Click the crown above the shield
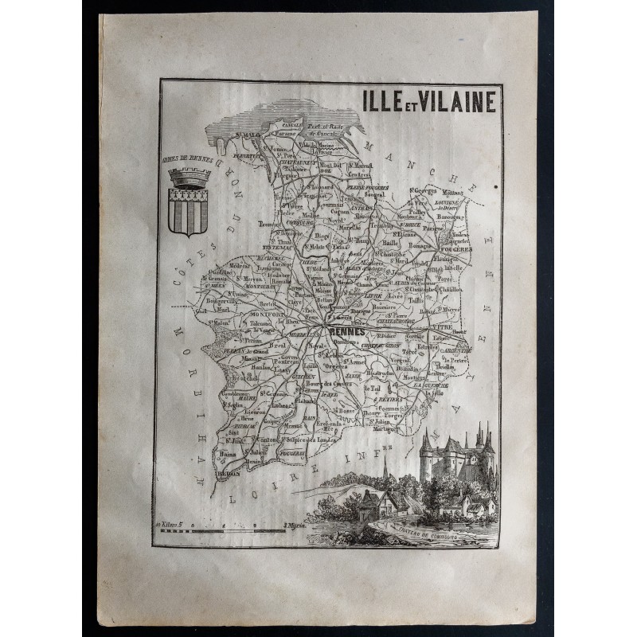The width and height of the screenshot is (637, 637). tap(190, 175)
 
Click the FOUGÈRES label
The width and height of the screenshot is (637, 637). tap(460, 248)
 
